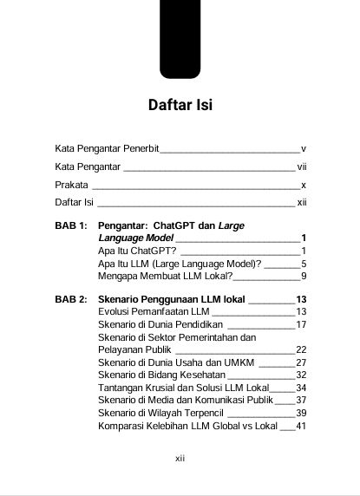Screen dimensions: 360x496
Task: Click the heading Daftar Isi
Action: (180, 107)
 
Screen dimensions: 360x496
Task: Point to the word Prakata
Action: (71, 185)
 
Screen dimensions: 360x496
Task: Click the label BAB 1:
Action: (71, 225)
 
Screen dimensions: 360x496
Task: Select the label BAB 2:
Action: (71, 299)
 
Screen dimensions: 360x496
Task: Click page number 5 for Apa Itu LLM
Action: (304, 263)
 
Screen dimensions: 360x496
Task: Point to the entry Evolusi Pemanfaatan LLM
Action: (154, 311)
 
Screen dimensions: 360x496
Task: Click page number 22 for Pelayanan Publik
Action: (302, 349)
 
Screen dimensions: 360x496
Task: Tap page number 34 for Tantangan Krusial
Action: (302, 388)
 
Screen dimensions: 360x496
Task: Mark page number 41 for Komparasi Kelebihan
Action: (302, 426)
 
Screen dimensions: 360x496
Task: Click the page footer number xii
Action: (180, 457)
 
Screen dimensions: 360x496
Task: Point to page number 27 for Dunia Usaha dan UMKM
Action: (302, 362)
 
